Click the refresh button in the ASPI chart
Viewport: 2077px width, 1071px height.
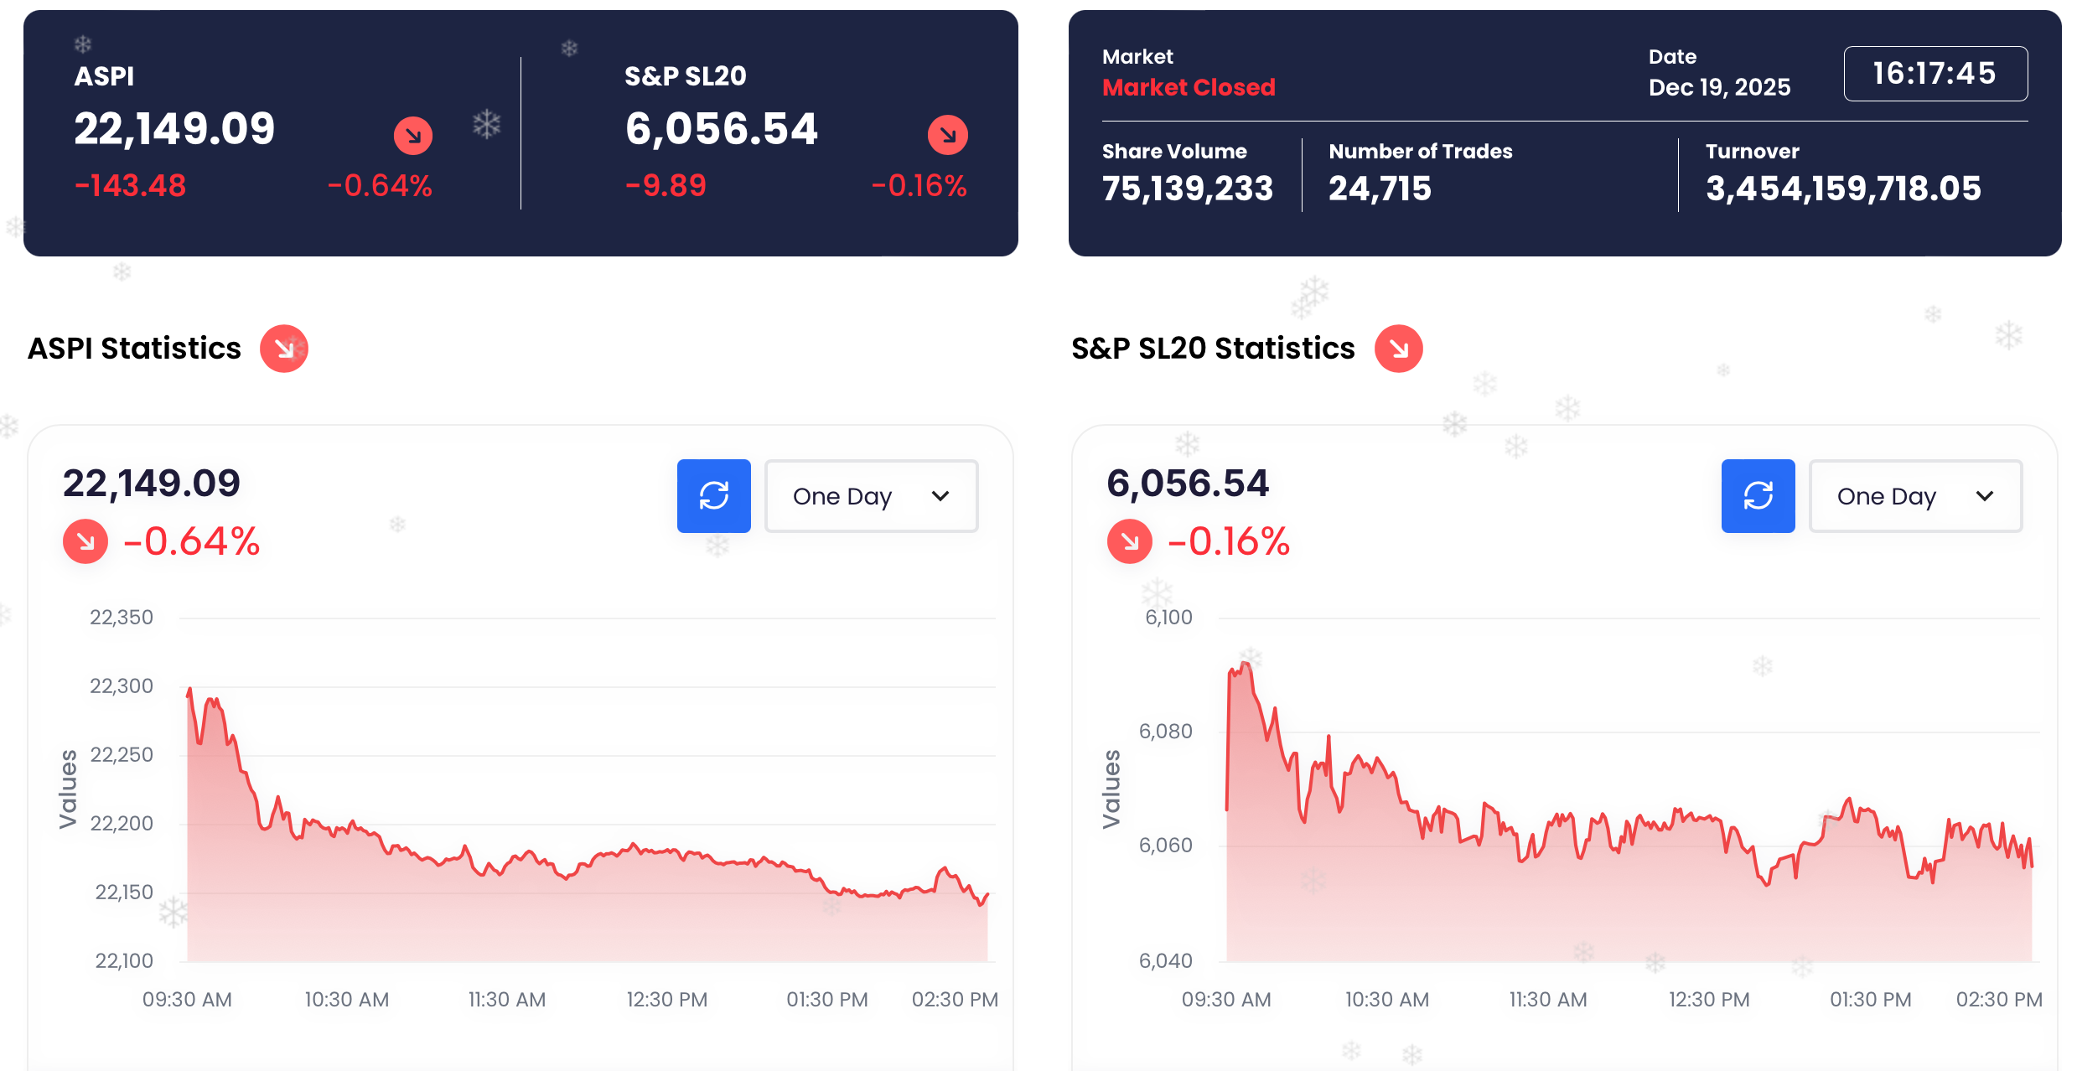(713, 495)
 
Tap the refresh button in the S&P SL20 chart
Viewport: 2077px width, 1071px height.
(1758, 495)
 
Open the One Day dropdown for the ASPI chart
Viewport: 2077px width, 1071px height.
(871, 496)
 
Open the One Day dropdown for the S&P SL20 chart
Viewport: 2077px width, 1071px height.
(1915, 496)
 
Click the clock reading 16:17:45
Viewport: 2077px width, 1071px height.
(1935, 74)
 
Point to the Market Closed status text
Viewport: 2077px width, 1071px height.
(1189, 87)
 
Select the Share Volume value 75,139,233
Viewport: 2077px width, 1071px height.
(1187, 189)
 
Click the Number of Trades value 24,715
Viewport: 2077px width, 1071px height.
(1380, 189)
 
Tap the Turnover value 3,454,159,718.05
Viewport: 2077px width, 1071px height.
(1843, 189)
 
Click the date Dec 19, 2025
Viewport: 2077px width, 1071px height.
(1719, 87)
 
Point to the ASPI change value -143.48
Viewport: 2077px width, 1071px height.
(131, 185)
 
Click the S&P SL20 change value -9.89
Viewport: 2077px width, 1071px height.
(666, 185)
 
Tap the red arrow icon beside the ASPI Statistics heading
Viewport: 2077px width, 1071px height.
(284, 349)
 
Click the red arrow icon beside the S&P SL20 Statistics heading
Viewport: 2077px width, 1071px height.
(1398, 349)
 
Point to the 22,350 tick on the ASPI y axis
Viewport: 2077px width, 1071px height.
(122, 618)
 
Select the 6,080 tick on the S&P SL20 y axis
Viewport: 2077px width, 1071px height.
(1165, 732)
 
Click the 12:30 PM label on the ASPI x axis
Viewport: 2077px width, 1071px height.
(667, 999)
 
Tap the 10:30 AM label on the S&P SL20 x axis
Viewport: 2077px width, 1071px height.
(1387, 999)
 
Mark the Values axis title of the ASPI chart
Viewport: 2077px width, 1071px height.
(68, 789)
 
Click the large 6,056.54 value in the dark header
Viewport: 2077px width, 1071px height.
(721, 129)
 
